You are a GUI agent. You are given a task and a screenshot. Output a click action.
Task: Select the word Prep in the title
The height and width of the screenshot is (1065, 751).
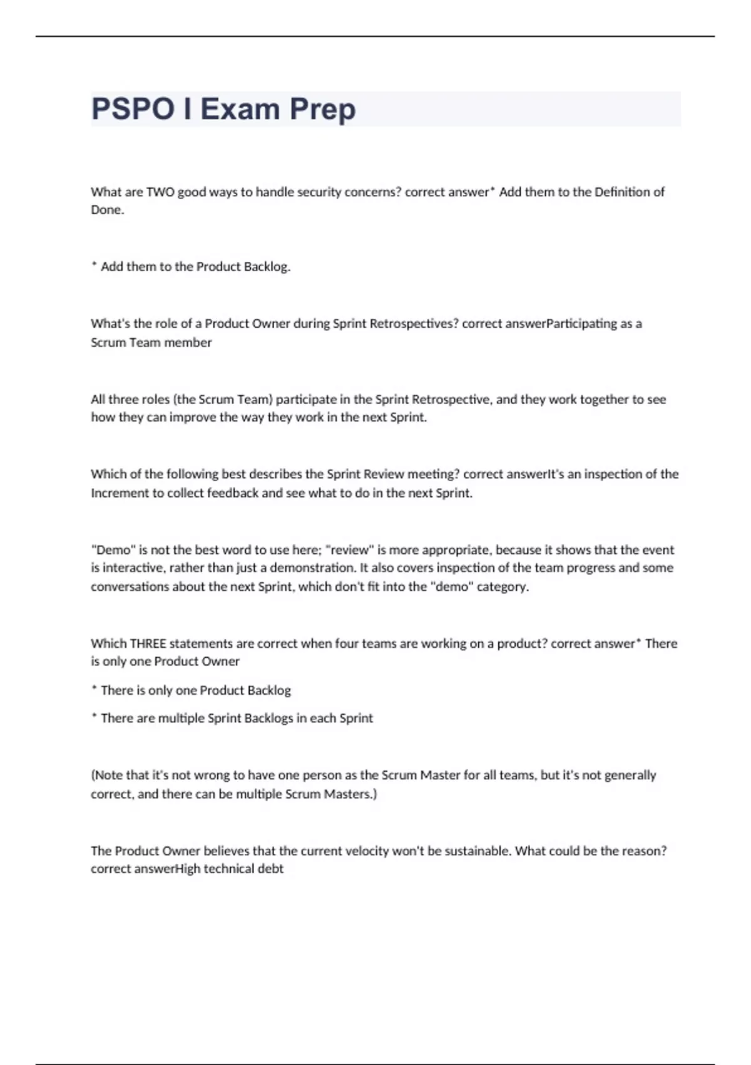322,109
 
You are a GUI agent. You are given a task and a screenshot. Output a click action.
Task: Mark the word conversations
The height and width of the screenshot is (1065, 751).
130,587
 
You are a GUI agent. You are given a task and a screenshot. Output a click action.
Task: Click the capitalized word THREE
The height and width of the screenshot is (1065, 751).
148,643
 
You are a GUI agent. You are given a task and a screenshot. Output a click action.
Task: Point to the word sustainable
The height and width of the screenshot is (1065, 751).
478,851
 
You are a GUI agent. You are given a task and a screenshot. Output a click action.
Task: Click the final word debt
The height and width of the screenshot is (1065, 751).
270,869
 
